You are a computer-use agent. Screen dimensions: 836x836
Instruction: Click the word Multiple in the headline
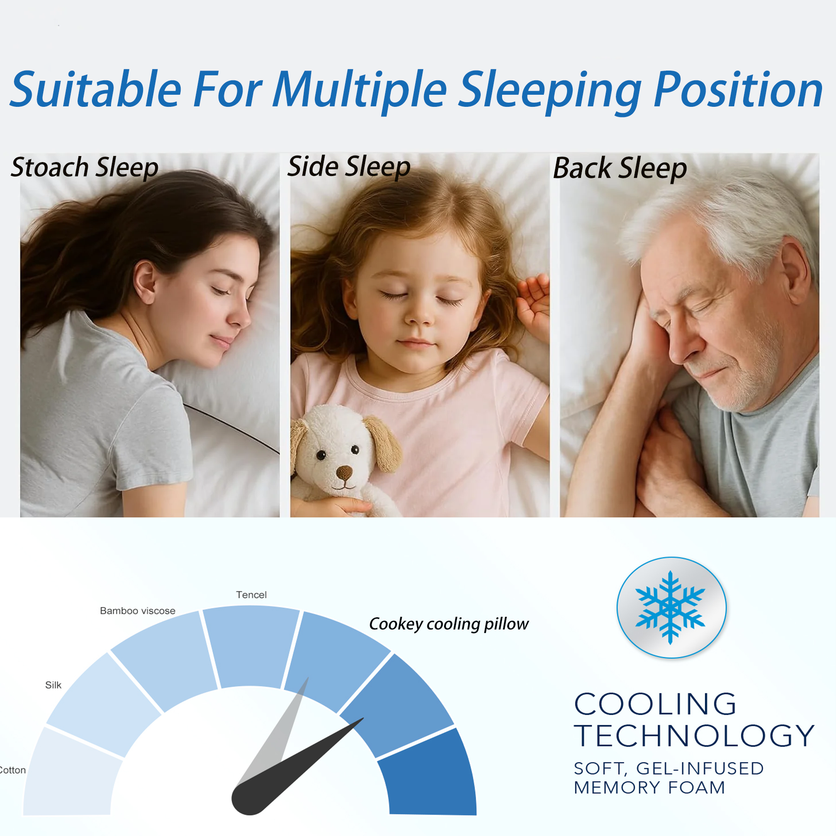pos(360,90)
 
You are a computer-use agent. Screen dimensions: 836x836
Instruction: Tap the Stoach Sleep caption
pos(85,168)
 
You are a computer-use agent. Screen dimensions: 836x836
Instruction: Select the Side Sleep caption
pos(349,167)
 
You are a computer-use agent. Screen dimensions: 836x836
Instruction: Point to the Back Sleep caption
pos(620,168)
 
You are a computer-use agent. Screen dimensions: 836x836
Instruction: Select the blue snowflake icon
pos(670,607)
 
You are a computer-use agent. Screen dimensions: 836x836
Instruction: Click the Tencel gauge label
pos(251,595)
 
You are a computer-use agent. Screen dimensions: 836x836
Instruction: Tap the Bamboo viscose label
pos(137,611)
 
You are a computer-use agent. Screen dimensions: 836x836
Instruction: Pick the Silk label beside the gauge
pos(53,685)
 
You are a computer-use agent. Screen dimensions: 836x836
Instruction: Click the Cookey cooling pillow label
pos(449,624)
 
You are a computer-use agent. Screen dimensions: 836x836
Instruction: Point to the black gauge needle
pos(297,766)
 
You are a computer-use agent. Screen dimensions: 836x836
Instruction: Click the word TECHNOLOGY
pos(694,736)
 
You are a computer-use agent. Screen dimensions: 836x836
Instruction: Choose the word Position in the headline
pos(738,90)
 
